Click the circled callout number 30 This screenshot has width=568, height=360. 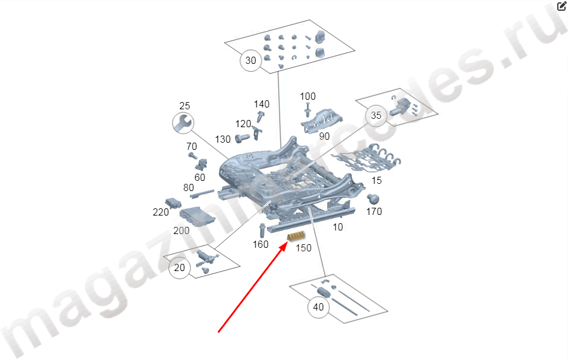251,60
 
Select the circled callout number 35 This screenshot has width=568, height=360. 376,116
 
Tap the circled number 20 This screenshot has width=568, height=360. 179,267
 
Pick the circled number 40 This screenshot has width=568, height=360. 318,307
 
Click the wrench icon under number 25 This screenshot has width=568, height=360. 183,123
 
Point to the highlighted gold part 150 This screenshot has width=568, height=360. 296,236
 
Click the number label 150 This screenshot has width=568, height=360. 303,248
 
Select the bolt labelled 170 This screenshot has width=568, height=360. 373,199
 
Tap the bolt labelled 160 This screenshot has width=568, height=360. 262,230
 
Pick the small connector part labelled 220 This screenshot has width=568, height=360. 173,203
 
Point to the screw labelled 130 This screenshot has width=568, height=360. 242,138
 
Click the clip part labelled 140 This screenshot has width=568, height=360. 260,116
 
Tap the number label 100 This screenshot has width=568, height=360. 308,96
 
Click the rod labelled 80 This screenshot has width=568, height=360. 202,193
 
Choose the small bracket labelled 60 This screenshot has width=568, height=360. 201,164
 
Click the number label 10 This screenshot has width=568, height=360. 337,227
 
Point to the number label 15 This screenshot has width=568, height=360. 376,180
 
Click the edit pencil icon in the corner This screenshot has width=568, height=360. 561,6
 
